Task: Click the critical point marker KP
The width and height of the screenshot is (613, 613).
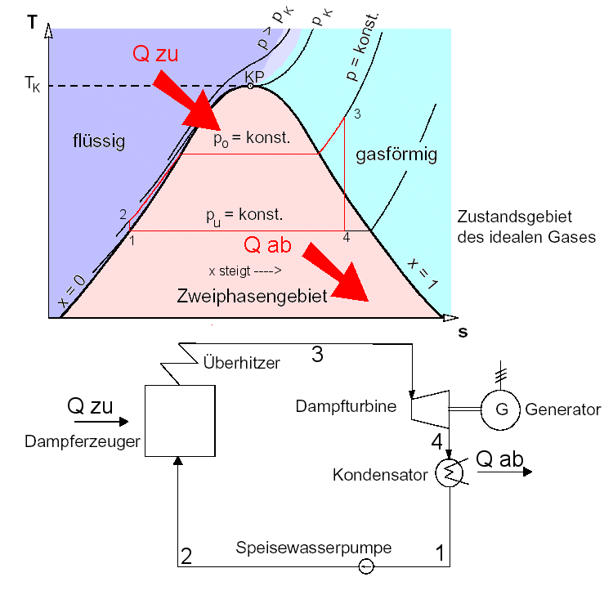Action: tap(251, 86)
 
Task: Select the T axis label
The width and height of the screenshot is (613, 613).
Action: tap(33, 22)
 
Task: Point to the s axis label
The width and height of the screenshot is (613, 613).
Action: tap(463, 332)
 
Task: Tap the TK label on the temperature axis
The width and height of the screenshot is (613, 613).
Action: tap(33, 83)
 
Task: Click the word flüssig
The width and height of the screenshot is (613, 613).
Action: tap(99, 141)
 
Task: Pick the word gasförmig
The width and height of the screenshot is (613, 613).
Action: tap(396, 154)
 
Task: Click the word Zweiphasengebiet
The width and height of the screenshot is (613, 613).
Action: tap(252, 296)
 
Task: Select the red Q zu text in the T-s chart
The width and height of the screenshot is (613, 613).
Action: tap(155, 54)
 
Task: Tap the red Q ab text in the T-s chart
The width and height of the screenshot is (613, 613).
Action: tap(267, 245)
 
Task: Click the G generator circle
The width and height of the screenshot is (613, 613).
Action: tap(500, 409)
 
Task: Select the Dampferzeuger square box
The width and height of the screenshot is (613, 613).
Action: tap(180, 421)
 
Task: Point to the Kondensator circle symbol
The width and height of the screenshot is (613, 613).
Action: tap(450, 473)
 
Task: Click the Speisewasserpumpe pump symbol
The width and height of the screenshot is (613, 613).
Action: tap(366, 566)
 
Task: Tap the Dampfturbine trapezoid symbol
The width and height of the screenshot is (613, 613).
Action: tap(430, 409)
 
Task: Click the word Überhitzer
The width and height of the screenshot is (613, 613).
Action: tap(242, 363)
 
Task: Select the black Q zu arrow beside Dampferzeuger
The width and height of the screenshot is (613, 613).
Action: tap(101, 422)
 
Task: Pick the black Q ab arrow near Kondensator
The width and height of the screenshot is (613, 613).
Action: tap(504, 472)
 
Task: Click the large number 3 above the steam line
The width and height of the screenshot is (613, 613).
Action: tap(317, 355)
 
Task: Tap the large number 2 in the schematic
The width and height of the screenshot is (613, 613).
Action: tap(186, 556)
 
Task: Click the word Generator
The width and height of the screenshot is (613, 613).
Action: tap(562, 409)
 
